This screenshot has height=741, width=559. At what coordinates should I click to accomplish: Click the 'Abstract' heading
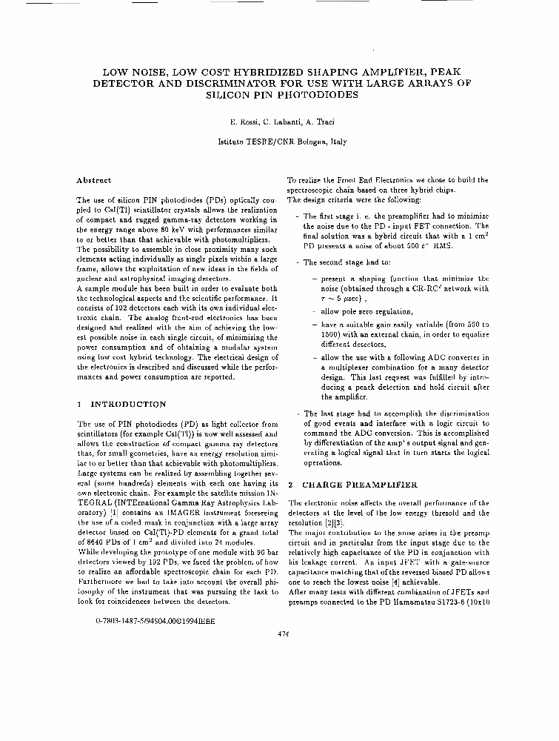click(x=94, y=180)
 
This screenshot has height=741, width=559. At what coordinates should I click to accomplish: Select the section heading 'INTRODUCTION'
click(x=128, y=404)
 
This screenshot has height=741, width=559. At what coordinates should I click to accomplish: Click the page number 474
click(x=282, y=634)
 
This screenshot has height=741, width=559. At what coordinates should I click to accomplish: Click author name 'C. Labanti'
click(x=285, y=121)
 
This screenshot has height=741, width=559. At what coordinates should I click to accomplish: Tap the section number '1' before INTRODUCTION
click(x=79, y=404)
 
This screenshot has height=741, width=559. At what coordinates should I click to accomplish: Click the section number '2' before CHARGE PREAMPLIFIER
click(x=289, y=484)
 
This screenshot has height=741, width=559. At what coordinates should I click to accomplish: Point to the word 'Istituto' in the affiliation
click(x=233, y=140)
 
